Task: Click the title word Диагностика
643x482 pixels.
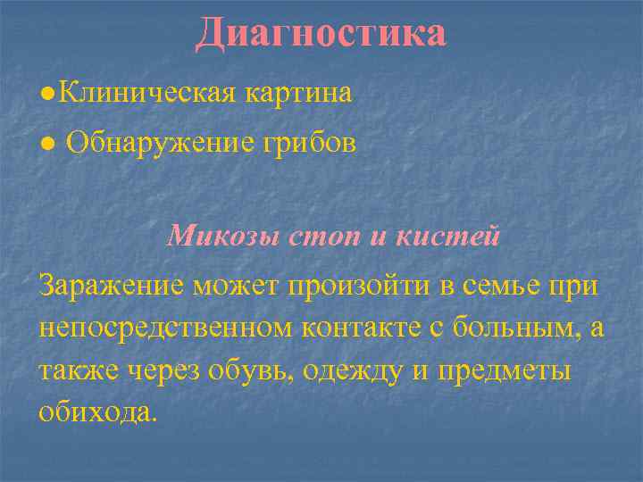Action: coord(321,33)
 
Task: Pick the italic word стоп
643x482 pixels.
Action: coord(336,237)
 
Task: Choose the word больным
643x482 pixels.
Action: coord(527,328)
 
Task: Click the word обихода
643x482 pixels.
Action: coord(97,411)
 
